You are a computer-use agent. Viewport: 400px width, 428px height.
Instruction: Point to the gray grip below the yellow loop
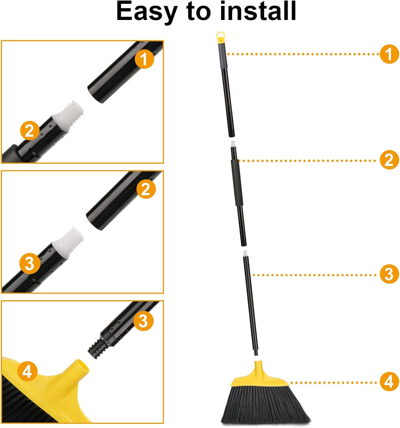(x=222, y=56)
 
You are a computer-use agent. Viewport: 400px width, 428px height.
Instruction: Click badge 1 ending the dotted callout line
(x=389, y=54)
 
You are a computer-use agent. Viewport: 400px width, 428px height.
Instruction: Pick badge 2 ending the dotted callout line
(x=389, y=160)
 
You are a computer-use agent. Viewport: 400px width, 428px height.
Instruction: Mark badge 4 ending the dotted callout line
(x=389, y=381)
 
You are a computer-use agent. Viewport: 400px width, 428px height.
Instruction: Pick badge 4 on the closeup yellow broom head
(x=27, y=371)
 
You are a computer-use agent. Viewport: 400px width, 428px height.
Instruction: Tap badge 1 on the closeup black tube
(x=144, y=59)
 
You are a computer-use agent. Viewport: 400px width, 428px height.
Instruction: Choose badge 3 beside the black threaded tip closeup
(x=144, y=321)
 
